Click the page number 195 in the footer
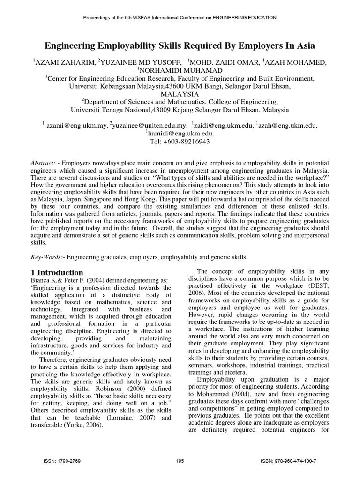pyautogui.click(x=180, y=461)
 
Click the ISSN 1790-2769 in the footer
pyautogui.click(x=62, y=461)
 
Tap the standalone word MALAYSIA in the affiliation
pyautogui.click(x=180, y=94)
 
